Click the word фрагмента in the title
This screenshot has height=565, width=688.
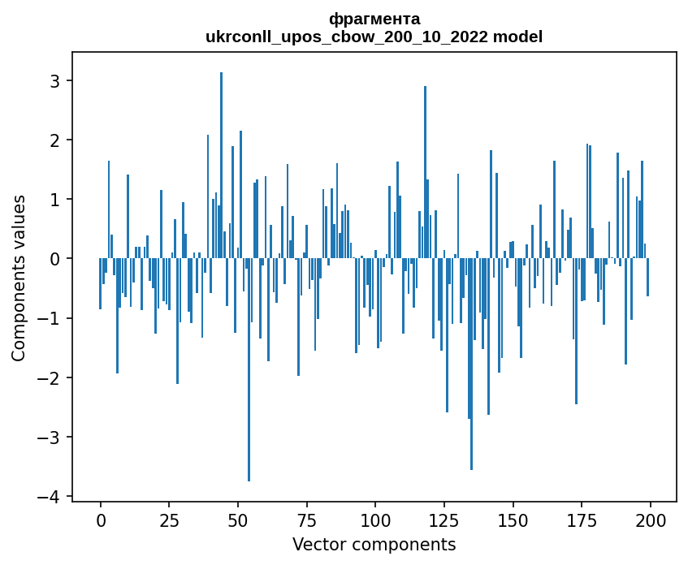click(374, 19)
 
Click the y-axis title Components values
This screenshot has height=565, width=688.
click(19, 278)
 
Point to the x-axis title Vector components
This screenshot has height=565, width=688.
click(374, 544)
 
